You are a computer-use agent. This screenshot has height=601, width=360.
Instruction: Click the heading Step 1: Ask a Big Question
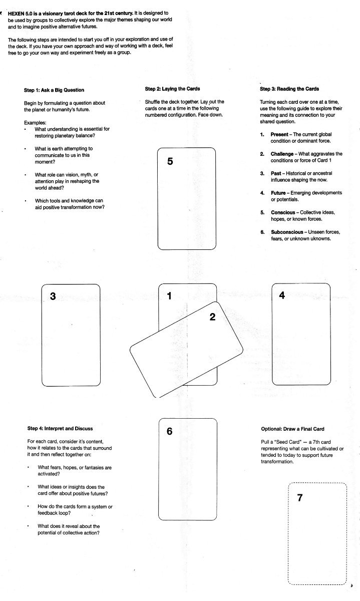point(54,90)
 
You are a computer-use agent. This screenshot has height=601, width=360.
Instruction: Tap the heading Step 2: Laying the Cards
point(172,89)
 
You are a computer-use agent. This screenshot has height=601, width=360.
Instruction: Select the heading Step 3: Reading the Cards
point(289,89)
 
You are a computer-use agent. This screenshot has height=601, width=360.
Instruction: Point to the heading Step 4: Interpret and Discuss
point(60,428)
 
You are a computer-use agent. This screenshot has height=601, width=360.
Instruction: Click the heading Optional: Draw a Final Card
point(292,429)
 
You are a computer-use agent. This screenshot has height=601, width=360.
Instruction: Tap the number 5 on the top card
point(170,162)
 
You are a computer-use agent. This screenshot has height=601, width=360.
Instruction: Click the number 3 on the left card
point(53,296)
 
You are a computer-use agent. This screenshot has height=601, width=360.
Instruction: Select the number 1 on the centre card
point(169,296)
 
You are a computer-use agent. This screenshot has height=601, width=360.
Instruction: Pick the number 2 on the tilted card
point(212,317)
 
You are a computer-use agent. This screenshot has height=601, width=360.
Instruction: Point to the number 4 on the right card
point(282,295)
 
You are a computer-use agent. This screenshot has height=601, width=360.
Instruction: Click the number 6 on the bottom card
point(169,432)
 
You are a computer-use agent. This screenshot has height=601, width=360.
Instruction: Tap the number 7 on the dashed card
point(300,497)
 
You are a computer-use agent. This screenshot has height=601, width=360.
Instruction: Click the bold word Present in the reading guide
point(279,134)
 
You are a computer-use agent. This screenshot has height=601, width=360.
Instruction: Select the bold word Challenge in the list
point(282,154)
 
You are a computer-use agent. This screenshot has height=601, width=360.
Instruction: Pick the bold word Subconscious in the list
point(287,232)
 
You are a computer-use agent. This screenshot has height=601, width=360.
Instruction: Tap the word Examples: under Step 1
point(35,122)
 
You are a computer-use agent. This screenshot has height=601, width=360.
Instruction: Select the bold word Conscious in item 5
point(283,212)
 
